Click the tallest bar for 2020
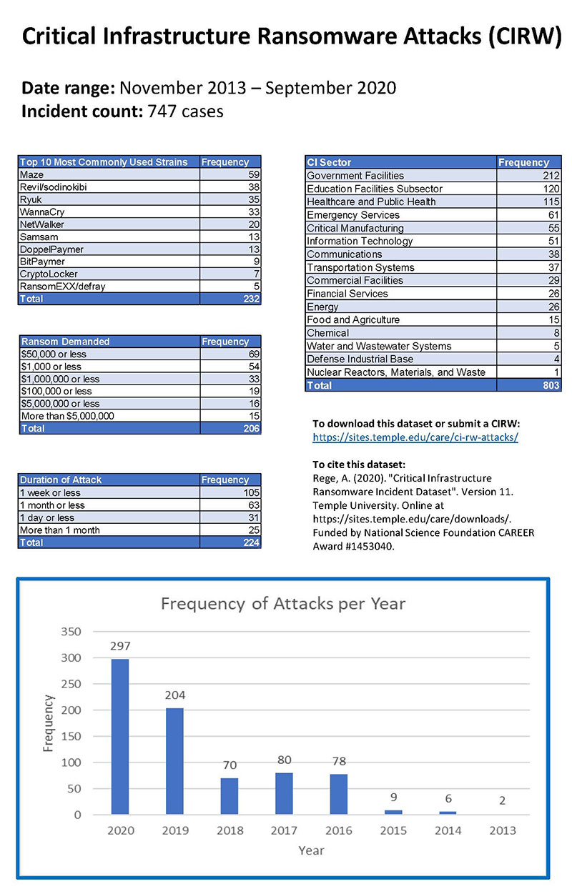click(120, 736)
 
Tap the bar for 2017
click(284, 793)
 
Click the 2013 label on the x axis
click(502, 830)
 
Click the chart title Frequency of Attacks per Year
click(282, 604)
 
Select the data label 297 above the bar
click(120, 645)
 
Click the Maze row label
click(31, 175)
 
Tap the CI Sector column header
click(329, 162)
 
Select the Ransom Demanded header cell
click(64, 342)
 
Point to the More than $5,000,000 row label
click(67, 416)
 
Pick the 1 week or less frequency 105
click(250, 493)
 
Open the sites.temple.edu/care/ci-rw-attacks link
click(415, 437)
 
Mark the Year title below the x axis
click(311, 850)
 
